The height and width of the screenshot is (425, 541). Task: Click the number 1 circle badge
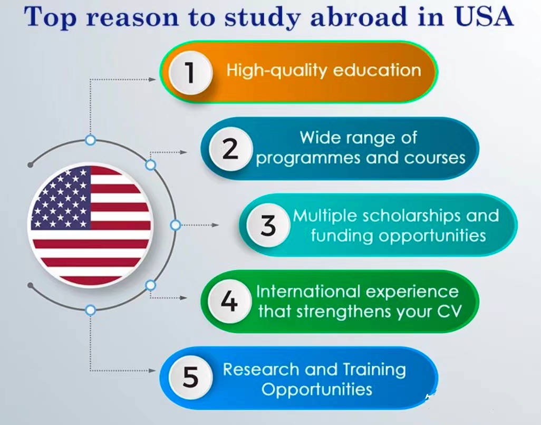(x=190, y=73)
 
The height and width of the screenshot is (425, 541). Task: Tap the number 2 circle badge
(x=230, y=149)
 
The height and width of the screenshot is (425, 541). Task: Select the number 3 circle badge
(x=268, y=225)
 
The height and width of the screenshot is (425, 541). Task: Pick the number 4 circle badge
(x=229, y=301)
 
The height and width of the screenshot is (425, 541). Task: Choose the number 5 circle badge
(x=190, y=377)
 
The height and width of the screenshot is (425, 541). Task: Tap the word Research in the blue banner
(x=261, y=370)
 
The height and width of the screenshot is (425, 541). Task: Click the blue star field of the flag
(x=61, y=199)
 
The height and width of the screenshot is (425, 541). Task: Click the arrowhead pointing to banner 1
(x=152, y=79)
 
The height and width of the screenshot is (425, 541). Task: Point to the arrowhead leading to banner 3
(x=215, y=225)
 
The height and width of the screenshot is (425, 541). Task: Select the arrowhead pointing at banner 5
(x=152, y=371)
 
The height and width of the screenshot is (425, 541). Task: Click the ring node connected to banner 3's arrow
(x=176, y=225)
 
